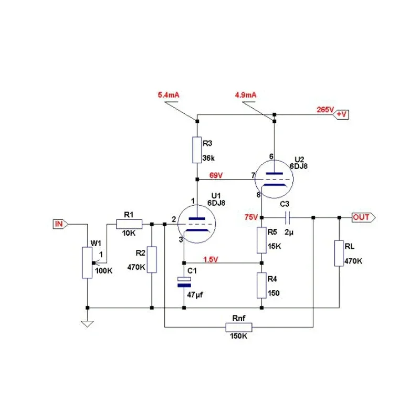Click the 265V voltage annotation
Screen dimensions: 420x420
click(x=324, y=110)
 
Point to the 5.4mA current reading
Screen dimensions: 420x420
click(x=169, y=95)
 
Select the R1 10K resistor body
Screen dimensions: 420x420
click(x=129, y=224)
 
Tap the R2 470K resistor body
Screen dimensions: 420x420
click(x=152, y=259)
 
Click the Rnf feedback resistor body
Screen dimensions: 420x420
click(x=239, y=328)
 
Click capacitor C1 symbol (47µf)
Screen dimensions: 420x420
click(x=184, y=281)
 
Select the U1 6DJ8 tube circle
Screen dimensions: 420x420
click(x=197, y=224)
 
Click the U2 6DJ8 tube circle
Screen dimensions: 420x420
click(x=274, y=178)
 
